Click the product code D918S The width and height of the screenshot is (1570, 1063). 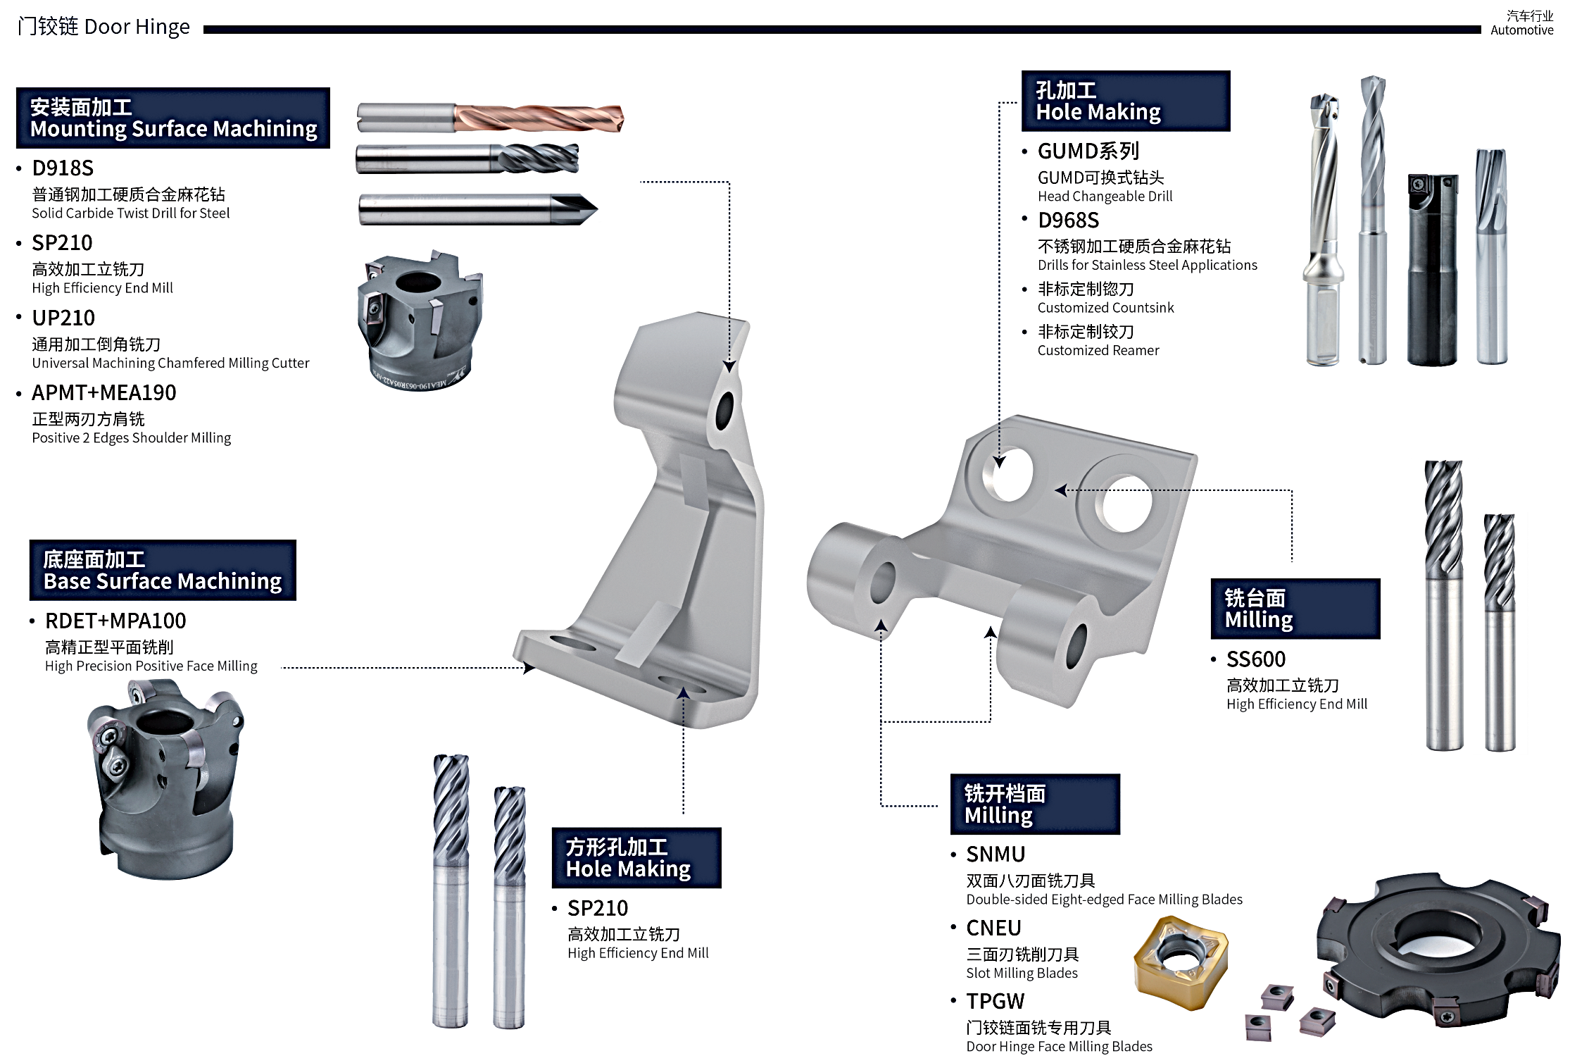click(63, 168)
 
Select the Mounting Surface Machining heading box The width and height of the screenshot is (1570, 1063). click(173, 118)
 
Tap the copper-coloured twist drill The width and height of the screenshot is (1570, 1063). click(539, 118)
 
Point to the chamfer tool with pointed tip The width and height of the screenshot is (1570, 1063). click(479, 209)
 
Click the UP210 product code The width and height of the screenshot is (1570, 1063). click(63, 318)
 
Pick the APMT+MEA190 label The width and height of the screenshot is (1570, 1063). click(104, 393)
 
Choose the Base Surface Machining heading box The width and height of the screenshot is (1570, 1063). click(163, 571)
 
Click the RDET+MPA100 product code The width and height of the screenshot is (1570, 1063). click(115, 621)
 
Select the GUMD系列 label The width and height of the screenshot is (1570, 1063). click(1088, 151)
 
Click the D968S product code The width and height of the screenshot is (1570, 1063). click(1068, 220)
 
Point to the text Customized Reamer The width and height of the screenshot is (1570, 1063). click(1098, 351)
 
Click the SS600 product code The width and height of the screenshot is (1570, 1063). click(1256, 659)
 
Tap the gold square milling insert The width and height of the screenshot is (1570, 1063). click(1181, 962)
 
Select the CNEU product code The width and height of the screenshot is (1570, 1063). click(993, 928)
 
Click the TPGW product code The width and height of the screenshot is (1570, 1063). click(995, 1002)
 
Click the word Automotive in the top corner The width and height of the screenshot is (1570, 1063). click(1521, 30)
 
